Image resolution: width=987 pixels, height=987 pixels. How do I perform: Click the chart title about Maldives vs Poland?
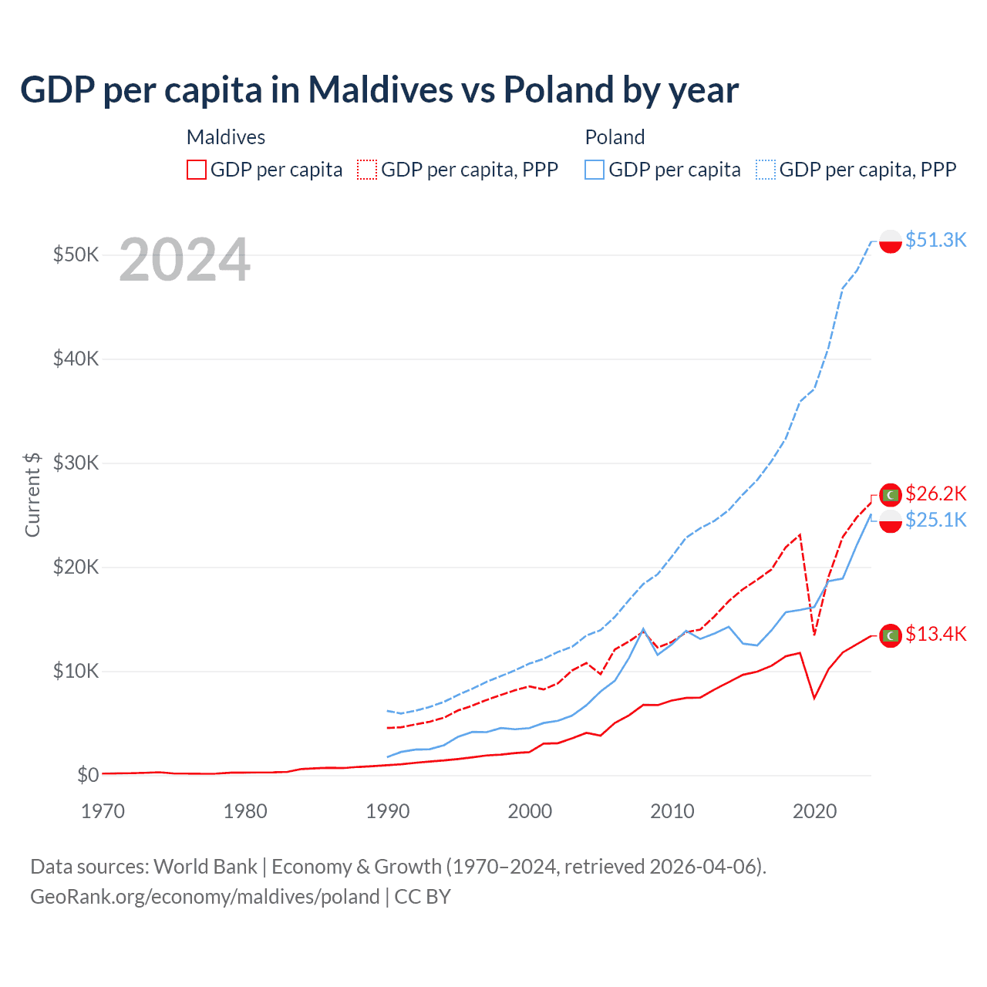pyautogui.click(x=379, y=89)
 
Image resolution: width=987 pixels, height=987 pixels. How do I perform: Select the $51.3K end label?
pyautogui.click(x=935, y=240)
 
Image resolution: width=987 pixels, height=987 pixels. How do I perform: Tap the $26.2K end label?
pyautogui.click(x=935, y=493)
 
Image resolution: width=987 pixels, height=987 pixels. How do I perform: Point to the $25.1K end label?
pyautogui.click(x=935, y=520)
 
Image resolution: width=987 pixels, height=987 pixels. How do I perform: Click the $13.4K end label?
pyautogui.click(x=935, y=634)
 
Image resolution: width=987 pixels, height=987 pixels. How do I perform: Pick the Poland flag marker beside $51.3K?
pyautogui.click(x=891, y=241)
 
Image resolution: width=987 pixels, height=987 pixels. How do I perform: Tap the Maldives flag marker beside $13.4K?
pyautogui.click(x=891, y=635)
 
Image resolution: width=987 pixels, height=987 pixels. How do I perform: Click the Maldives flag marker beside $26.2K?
pyautogui.click(x=891, y=494)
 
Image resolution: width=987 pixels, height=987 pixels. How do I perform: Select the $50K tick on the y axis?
pyautogui.click(x=76, y=254)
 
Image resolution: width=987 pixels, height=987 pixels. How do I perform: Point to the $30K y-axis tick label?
pyautogui.click(x=76, y=463)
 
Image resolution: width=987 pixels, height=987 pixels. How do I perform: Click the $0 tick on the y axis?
pyautogui.click(x=88, y=775)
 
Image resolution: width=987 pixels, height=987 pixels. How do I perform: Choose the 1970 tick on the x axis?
pyautogui.click(x=103, y=811)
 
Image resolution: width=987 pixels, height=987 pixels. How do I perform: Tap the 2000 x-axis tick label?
pyautogui.click(x=530, y=811)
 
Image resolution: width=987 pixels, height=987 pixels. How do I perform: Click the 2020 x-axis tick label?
pyautogui.click(x=814, y=811)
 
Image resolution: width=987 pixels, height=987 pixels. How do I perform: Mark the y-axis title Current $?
pyautogui.click(x=32, y=494)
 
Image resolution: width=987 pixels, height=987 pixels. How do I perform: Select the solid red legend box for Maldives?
pyautogui.click(x=197, y=170)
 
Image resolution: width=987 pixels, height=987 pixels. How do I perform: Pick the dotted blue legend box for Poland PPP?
pyautogui.click(x=766, y=170)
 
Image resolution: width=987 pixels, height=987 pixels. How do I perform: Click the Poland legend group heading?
pyautogui.click(x=615, y=137)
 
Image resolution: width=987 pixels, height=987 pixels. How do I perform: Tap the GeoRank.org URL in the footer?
pyautogui.click(x=204, y=897)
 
